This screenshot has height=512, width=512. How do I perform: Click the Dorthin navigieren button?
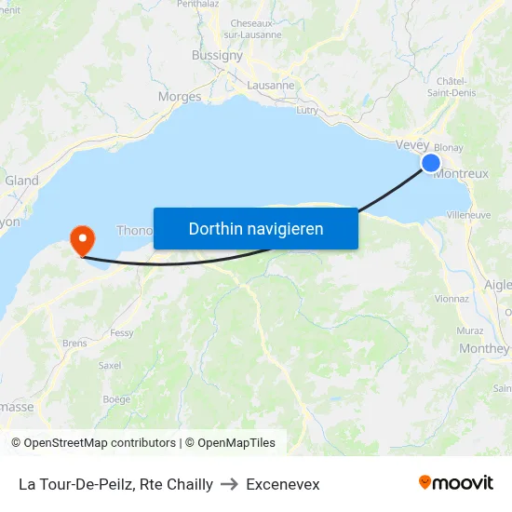255,228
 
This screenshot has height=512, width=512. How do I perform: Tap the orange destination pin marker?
82,238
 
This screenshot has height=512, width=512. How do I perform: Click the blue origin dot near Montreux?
430,163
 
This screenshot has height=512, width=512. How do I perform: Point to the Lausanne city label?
271,85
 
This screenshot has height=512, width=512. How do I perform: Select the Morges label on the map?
180,97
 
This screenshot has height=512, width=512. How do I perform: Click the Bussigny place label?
217,55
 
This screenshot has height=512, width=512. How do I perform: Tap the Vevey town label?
412,144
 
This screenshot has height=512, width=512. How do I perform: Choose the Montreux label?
461,173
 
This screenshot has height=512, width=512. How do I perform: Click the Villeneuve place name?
468,214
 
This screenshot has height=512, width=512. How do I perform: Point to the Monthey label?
484,348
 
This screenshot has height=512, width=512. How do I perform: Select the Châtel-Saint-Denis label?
451,87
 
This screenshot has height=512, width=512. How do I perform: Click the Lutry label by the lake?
306,110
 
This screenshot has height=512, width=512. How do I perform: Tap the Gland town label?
22,181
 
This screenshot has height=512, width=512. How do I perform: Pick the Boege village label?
116,399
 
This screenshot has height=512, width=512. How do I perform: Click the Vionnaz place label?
451,299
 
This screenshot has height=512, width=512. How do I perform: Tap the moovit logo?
456,483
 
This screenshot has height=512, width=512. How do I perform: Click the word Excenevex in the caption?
283,484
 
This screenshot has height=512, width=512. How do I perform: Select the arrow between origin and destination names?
229,484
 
